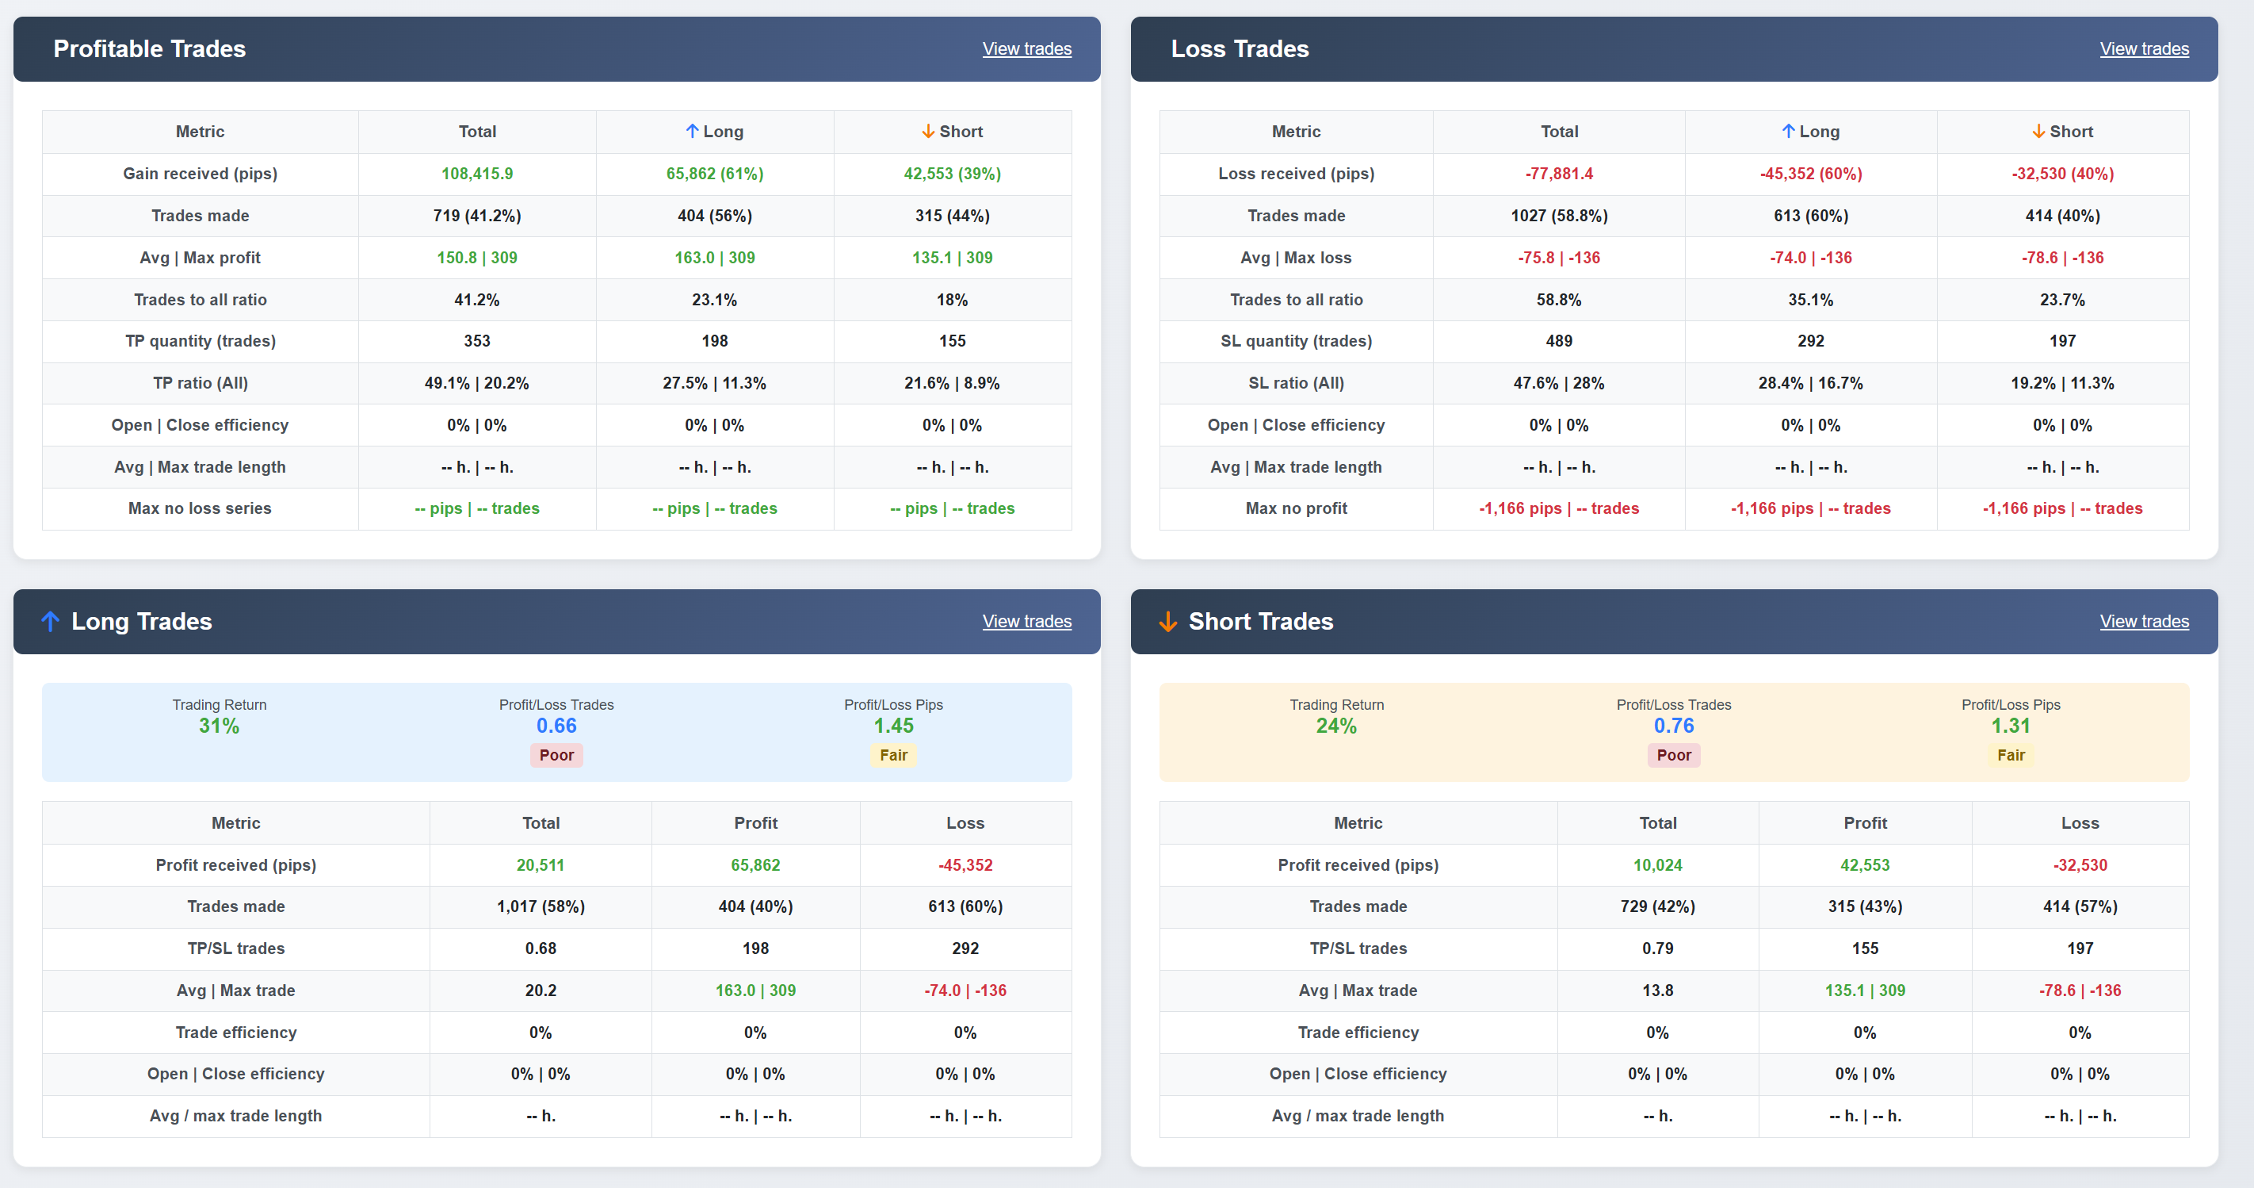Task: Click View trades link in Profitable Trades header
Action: (1026, 49)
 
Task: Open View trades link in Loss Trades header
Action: (2144, 49)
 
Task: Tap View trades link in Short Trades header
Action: (2144, 622)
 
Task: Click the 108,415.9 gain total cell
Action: (477, 174)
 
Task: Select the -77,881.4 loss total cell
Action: (1558, 174)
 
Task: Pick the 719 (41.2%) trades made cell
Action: (477, 216)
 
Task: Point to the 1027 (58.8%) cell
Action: (1558, 216)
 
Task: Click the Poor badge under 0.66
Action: (556, 755)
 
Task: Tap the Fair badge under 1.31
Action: (2010, 755)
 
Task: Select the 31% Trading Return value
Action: (219, 726)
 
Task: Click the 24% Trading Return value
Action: (1336, 726)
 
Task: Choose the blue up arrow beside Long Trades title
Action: (50, 622)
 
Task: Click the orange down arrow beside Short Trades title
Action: (1167, 622)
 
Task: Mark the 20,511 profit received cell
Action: (540, 865)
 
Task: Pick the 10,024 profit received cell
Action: (1657, 865)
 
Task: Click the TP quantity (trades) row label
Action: (201, 340)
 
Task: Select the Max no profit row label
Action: (1296, 508)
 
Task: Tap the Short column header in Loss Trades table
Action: (2062, 132)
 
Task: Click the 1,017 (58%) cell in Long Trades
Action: (540, 906)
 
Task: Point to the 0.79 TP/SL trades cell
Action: (1657, 948)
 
